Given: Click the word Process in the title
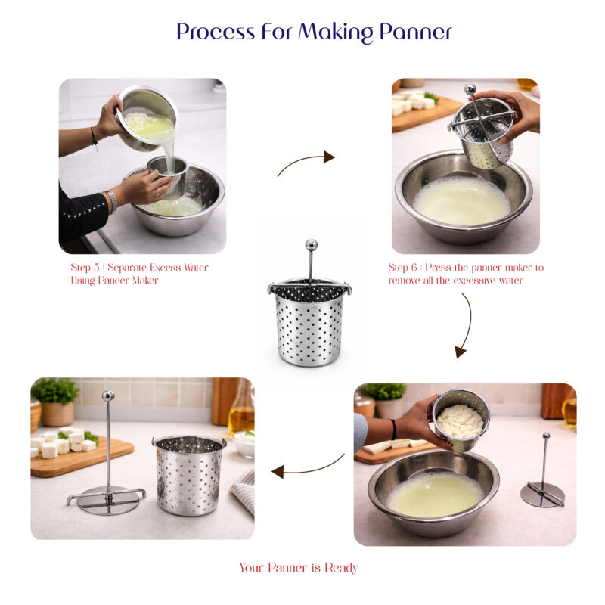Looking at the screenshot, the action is [x=216, y=32].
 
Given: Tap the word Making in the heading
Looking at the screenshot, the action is [x=336, y=33].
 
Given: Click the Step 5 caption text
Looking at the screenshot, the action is [x=139, y=274].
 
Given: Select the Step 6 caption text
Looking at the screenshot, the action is [x=466, y=274].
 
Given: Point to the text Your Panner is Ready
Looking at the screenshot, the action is [x=299, y=568].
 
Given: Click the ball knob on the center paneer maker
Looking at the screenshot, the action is [x=311, y=244].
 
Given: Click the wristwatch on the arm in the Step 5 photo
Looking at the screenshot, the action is [x=111, y=201].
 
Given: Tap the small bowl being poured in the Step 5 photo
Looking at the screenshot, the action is [x=147, y=119].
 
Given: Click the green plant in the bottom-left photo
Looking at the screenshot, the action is [x=55, y=390].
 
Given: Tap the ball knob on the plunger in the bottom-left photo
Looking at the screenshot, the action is [x=107, y=396].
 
